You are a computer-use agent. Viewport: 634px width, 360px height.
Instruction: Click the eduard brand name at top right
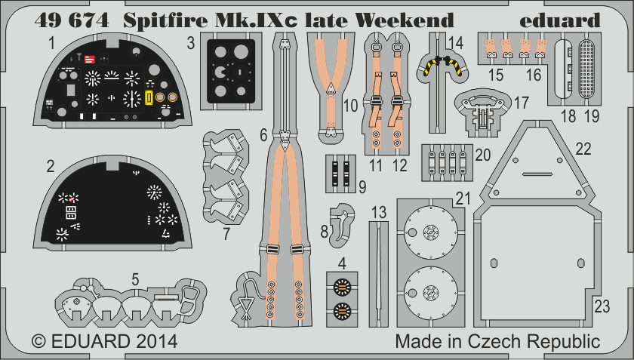tap(559, 20)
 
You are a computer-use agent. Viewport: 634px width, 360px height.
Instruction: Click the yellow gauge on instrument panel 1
tap(149, 97)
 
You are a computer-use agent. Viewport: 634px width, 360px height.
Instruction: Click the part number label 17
tap(521, 101)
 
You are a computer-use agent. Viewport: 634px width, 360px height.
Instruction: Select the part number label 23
tap(602, 306)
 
